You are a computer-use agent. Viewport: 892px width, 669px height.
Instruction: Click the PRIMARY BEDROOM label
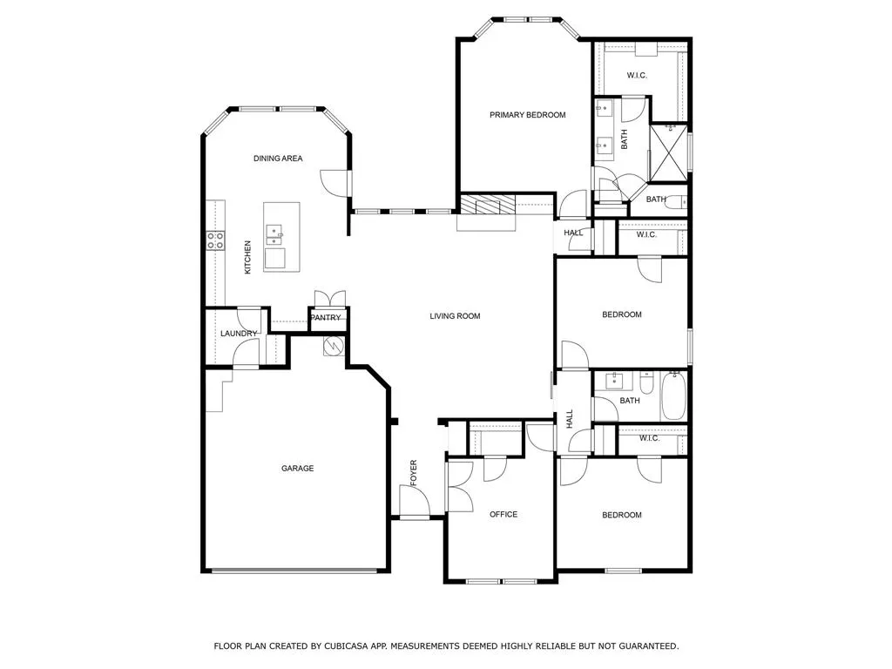(527, 115)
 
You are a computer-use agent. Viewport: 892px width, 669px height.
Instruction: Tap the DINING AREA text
(278, 159)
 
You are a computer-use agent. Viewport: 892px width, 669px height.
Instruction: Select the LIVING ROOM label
(455, 315)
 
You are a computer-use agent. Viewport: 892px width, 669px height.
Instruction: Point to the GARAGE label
(298, 468)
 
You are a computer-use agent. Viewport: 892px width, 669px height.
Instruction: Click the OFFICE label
(503, 514)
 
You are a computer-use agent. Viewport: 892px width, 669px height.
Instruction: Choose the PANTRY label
(326, 317)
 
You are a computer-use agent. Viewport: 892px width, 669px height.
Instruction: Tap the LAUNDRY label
(239, 334)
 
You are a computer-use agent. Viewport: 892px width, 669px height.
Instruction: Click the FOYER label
(414, 473)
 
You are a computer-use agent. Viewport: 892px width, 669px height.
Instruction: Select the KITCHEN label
(247, 257)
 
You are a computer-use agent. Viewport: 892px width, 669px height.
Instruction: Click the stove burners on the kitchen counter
(215, 240)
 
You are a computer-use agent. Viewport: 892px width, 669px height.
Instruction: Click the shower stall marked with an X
(668, 152)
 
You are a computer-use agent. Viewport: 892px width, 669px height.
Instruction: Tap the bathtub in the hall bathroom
(673, 395)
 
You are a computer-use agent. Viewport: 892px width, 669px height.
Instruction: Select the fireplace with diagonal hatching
(487, 204)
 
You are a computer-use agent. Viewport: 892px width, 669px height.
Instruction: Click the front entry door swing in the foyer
(414, 501)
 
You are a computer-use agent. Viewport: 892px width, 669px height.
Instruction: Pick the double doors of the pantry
(330, 299)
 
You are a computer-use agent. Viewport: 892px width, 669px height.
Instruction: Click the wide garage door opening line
(294, 571)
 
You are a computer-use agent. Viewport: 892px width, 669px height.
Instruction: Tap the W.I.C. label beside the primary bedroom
(637, 75)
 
